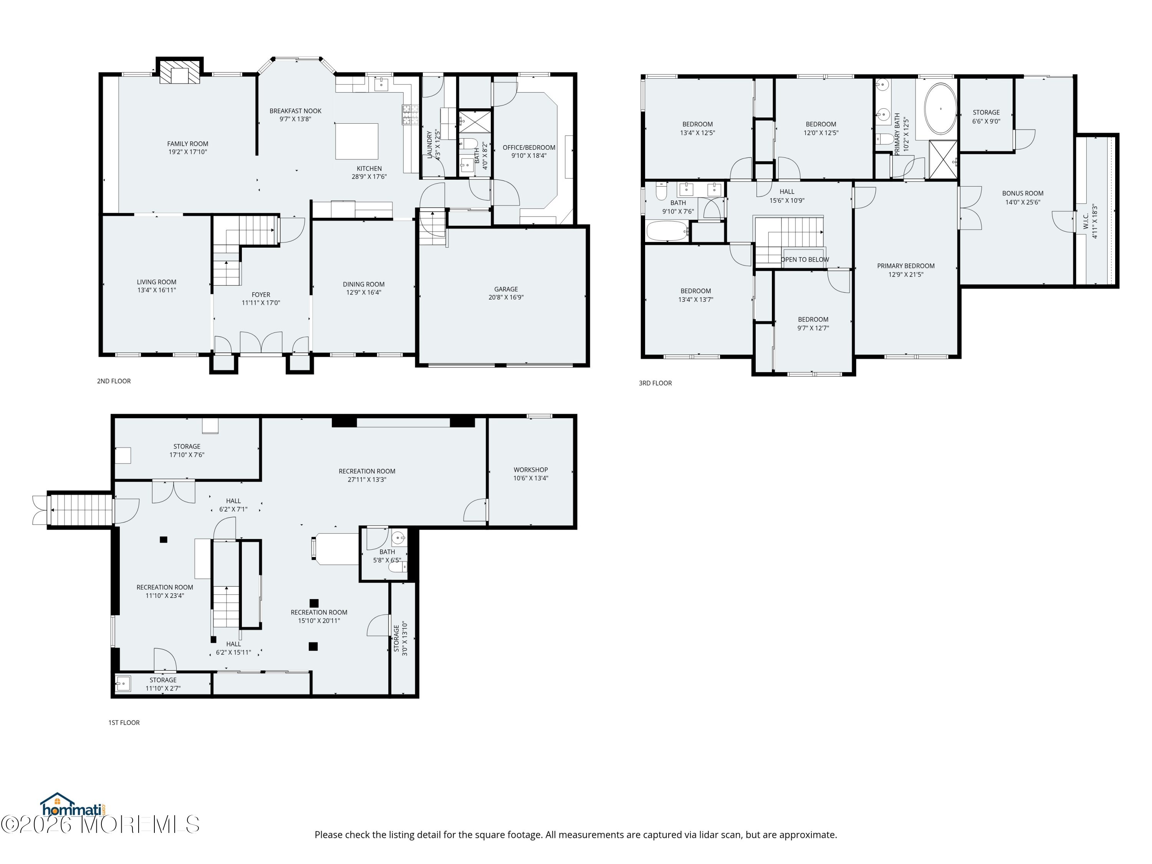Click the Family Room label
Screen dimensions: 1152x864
tap(187, 144)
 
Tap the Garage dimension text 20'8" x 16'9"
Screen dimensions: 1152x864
tap(506, 297)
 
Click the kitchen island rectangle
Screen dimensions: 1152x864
tap(357, 141)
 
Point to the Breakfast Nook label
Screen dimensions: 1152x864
tap(295, 111)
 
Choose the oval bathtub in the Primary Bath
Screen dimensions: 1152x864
tap(940, 109)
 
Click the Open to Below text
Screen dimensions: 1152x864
tap(804, 259)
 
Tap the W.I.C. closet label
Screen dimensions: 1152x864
tap(1086, 221)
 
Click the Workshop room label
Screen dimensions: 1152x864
tap(531, 470)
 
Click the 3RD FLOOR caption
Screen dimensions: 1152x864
tap(655, 383)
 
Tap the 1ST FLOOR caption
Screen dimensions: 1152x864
tap(124, 723)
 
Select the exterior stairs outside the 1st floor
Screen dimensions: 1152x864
tap(81, 510)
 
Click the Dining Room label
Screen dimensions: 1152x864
tap(364, 285)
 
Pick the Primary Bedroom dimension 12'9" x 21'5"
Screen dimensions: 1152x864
tap(905, 275)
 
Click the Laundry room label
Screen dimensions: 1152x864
tap(430, 144)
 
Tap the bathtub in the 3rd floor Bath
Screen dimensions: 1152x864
tap(668, 231)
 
